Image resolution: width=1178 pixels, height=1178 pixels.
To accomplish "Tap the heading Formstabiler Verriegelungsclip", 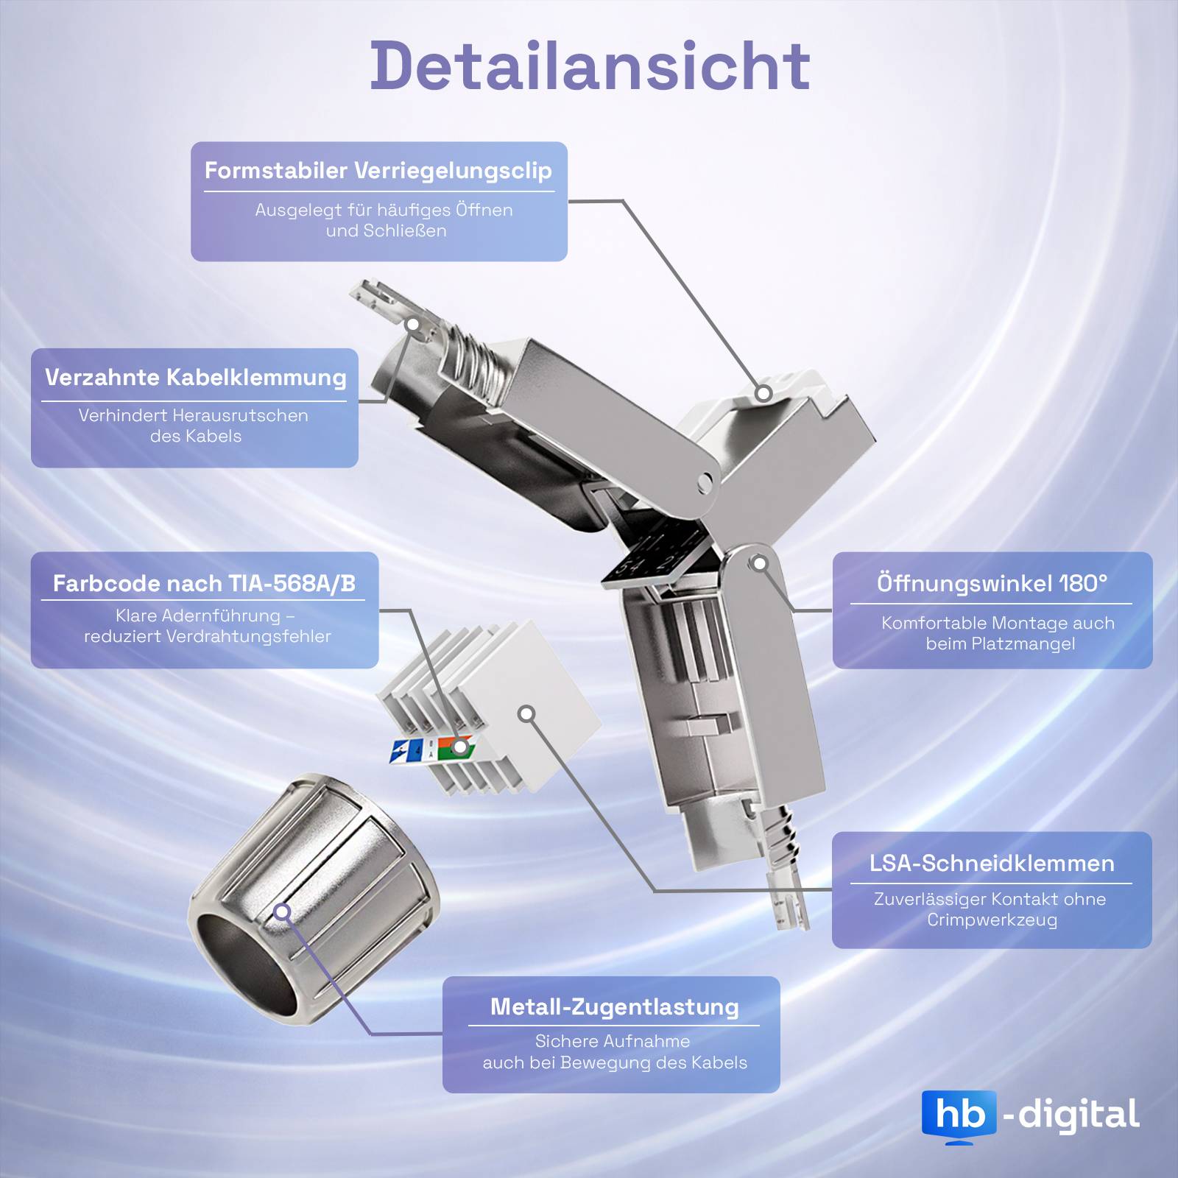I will click(x=378, y=171).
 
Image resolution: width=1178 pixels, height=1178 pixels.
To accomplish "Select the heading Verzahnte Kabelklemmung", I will click(x=196, y=378).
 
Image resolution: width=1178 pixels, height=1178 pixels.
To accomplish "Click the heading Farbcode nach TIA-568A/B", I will click(x=204, y=584).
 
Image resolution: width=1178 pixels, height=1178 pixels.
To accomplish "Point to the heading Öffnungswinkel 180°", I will click(x=992, y=584).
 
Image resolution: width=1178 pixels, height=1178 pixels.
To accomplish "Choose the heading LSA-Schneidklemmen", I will click(x=992, y=864).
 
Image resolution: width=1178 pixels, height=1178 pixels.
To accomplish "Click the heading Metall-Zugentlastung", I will click(x=614, y=1006).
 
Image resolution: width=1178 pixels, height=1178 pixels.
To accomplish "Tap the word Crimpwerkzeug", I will click(x=992, y=920).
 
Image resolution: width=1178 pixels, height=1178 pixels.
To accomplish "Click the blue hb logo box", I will click(x=959, y=1115).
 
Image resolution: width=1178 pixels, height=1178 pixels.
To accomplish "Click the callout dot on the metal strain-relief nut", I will click(x=282, y=912).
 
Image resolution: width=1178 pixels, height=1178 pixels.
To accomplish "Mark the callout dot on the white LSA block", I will click(x=526, y=713).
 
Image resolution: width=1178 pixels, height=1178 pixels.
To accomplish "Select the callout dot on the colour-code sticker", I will click(x=459, y=747).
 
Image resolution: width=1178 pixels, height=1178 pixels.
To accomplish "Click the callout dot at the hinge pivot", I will click(x=761, y=564).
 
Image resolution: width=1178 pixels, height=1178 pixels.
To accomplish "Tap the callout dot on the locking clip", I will click(x=763, y=393).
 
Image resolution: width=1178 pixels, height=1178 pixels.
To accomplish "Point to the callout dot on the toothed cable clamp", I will click(x=413, y=324).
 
